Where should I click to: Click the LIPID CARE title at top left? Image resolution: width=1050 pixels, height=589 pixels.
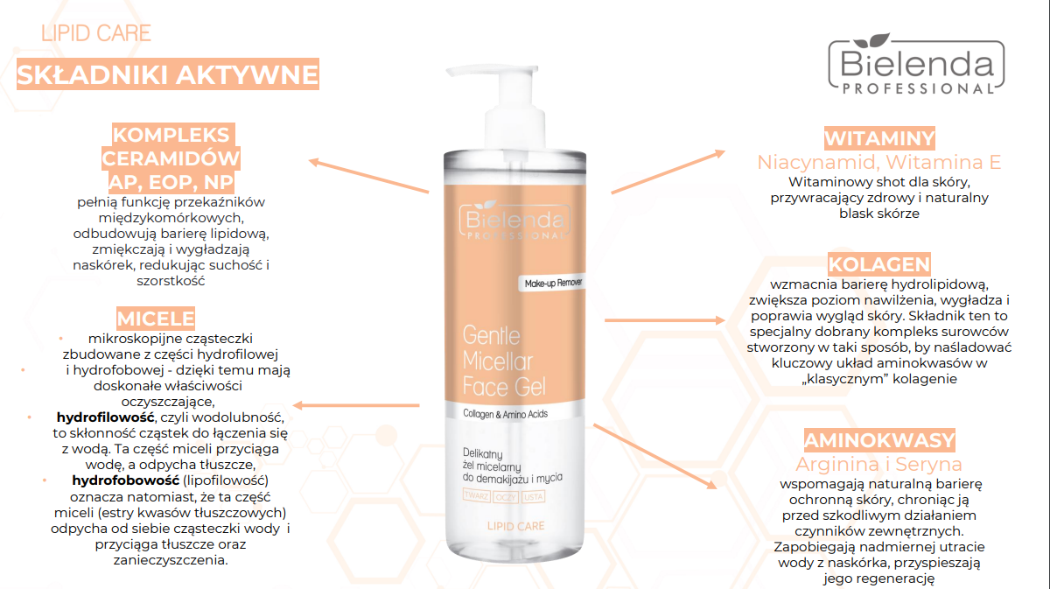[96, 33]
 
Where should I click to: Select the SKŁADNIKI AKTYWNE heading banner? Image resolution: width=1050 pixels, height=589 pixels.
[168, 74]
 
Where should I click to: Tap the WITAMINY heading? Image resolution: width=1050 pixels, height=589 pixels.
[879, 138]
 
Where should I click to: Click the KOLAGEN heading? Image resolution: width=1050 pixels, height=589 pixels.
[878, 264]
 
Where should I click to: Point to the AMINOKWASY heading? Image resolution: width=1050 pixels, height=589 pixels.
[879, 440]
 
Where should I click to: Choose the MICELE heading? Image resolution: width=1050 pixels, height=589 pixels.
[156, 318]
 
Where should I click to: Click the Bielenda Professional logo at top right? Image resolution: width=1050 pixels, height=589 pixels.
[916, 64]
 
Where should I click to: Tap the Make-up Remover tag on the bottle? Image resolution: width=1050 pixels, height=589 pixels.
[552, 283]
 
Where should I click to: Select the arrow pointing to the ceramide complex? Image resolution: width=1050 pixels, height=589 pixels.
[368, 176]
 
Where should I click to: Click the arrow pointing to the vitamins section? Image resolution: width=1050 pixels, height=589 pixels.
[668, 172]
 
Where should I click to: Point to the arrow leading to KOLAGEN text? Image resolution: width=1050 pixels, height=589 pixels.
[665, 320]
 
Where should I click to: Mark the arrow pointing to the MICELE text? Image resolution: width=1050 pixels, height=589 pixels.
[356, 405]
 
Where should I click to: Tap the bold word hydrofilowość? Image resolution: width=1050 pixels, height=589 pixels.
[106, 417]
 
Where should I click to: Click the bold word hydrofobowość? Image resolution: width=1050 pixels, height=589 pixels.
[126, 480]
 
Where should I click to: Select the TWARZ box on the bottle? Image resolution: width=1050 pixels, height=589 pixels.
[476, 496]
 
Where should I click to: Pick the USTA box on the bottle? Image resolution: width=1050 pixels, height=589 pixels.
[533, 496]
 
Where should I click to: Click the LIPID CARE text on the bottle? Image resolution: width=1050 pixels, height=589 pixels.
[515, 526]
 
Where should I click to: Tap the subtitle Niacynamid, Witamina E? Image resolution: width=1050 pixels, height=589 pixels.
[879, 162]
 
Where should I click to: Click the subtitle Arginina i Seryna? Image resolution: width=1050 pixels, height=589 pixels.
[878, 464]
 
